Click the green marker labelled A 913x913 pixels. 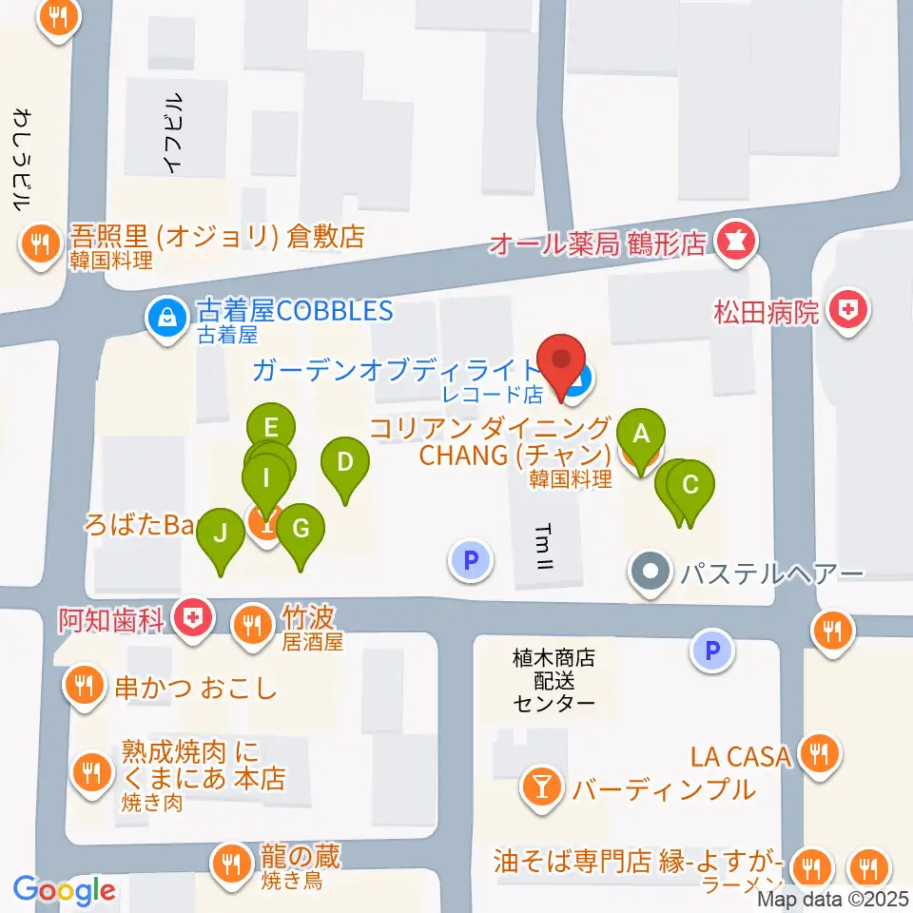click(641, 436)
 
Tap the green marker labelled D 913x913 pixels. click(345, 464)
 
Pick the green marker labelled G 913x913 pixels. click(301, 529)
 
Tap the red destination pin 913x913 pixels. click(561, 360)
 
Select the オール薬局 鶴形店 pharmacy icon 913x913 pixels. click(733, 243)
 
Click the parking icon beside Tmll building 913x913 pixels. click(470, 561)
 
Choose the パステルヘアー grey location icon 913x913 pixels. click(651, 573)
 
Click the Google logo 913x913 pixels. click(65, 889)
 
